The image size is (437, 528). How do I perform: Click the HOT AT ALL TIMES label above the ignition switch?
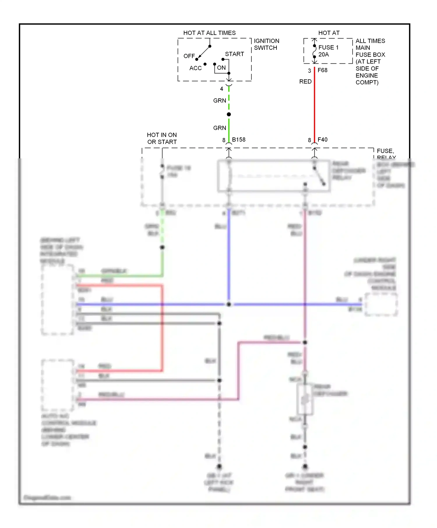[209, 33]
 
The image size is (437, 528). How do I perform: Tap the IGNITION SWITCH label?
[266, 44]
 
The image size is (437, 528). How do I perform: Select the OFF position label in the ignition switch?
[189, 56]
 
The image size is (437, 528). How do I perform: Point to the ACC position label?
[195, 68]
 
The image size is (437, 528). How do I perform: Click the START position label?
[234, 54]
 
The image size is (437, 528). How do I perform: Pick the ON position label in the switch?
[221, 68]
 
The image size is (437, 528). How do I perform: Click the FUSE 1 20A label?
[328, 51]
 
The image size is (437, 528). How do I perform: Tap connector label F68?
[322, 70]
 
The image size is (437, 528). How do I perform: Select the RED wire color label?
[305, 81]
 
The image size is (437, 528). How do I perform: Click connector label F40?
[322, 140]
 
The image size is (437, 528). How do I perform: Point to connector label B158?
[239, 140]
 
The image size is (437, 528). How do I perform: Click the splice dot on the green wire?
[229, 114]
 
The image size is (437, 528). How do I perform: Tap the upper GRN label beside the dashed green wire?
[219, 101]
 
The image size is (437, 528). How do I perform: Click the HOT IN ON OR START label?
[162, 138]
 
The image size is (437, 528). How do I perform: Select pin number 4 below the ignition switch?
[221, 89]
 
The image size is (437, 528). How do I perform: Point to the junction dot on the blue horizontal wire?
[229, 304]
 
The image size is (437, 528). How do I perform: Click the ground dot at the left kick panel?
[219, 467]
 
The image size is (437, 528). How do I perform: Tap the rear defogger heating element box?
[305, 400]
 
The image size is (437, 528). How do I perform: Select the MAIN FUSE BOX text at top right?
[370, 51]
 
